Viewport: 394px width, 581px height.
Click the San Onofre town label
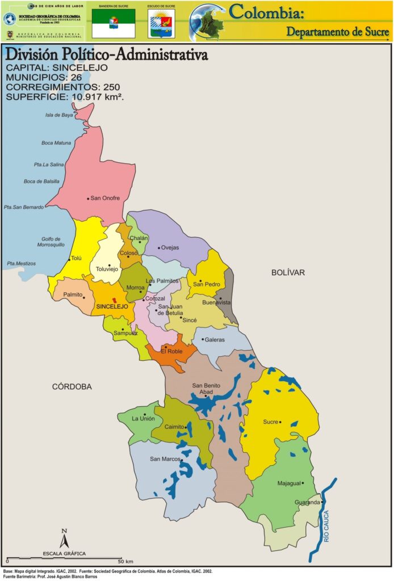point(105,198)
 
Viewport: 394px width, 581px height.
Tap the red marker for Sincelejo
point(115,300)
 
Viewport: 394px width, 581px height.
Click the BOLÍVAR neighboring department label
point(288,273)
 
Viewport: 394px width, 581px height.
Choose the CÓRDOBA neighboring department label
point(72,386)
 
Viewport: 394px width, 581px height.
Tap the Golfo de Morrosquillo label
point(55,242)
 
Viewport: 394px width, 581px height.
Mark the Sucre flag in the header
point(114,23)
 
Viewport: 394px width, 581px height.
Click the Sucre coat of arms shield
point(162,23)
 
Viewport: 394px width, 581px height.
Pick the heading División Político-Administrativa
point(106,55)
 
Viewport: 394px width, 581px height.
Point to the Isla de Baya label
point(60,115)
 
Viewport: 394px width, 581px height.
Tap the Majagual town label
point(288,483)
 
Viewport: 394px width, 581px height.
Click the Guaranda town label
point(307,502)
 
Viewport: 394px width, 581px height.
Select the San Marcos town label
point(165,459)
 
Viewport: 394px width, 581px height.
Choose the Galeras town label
point(215,340)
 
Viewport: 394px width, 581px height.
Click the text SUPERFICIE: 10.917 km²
point(65,97)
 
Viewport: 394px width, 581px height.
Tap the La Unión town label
point(143,418)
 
